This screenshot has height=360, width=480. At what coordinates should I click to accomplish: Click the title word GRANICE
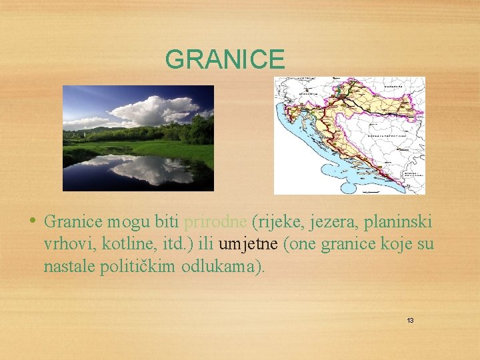[x=225, y=60]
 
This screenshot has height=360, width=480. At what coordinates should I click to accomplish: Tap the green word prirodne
[x=216, y=221]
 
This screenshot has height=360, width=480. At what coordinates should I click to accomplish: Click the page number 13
[x=410, y=321]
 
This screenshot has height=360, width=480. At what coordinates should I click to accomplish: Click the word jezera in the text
[x=327, y=221]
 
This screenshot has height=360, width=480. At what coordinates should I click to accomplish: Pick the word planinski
[x=400, y=221]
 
